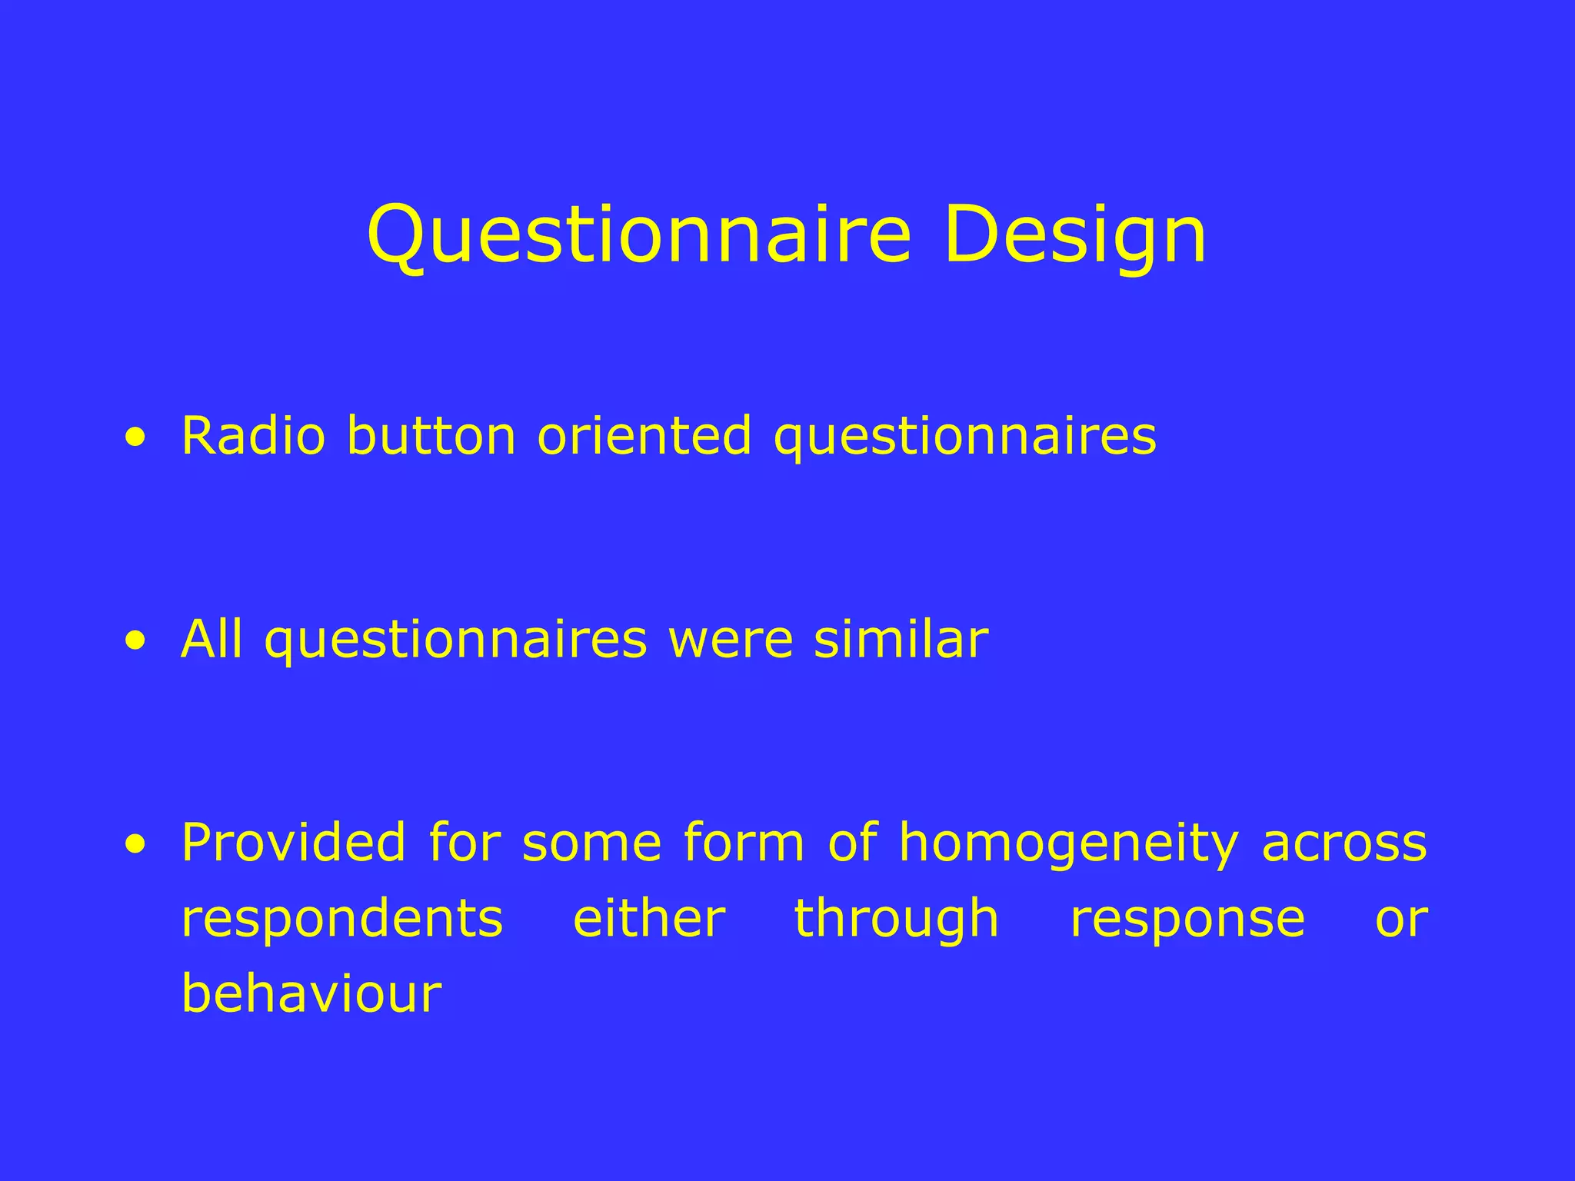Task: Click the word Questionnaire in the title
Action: (x=639, y=235)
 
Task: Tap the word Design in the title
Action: (x=1074, y=235)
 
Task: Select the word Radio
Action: (x=253, y=436)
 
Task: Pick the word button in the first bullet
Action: (x=431, y=436)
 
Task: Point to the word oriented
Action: (x=644, y=436)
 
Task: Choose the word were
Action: (x=731, y=640)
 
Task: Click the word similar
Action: (x=901, y=640)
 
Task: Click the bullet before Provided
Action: (x=135, y=844)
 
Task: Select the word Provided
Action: (x=293, y=843)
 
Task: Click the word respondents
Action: (x=341, y=920)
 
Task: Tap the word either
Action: (x=649, y=918)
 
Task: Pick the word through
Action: (x=896, y=920)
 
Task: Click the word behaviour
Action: (x=311, y=993)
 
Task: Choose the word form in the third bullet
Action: (x=743, y=843)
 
